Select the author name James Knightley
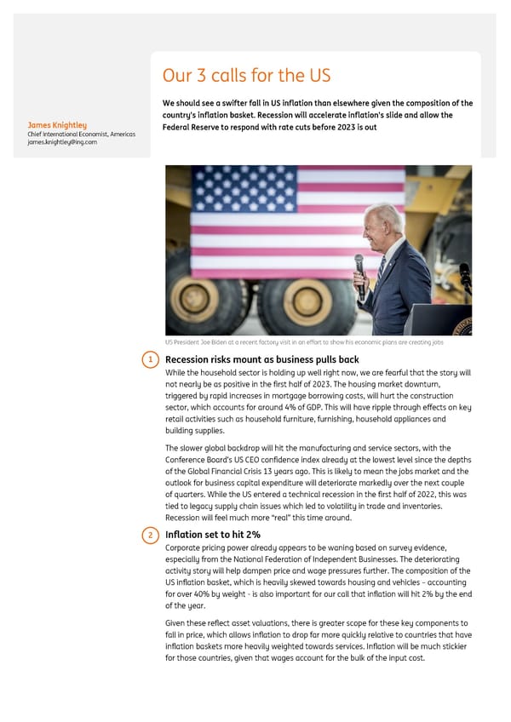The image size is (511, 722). pos(57,126)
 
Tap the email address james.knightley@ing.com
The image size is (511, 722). pos(62,142)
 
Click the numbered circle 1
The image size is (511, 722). pos(150,360)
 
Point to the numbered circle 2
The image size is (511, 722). pos(150,535)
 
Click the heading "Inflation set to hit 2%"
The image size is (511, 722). pos(213,535)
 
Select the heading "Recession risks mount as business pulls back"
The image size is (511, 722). pos(261,360)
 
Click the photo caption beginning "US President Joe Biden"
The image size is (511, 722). pos(304,342)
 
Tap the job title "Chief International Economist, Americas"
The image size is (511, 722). pos(81,135)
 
